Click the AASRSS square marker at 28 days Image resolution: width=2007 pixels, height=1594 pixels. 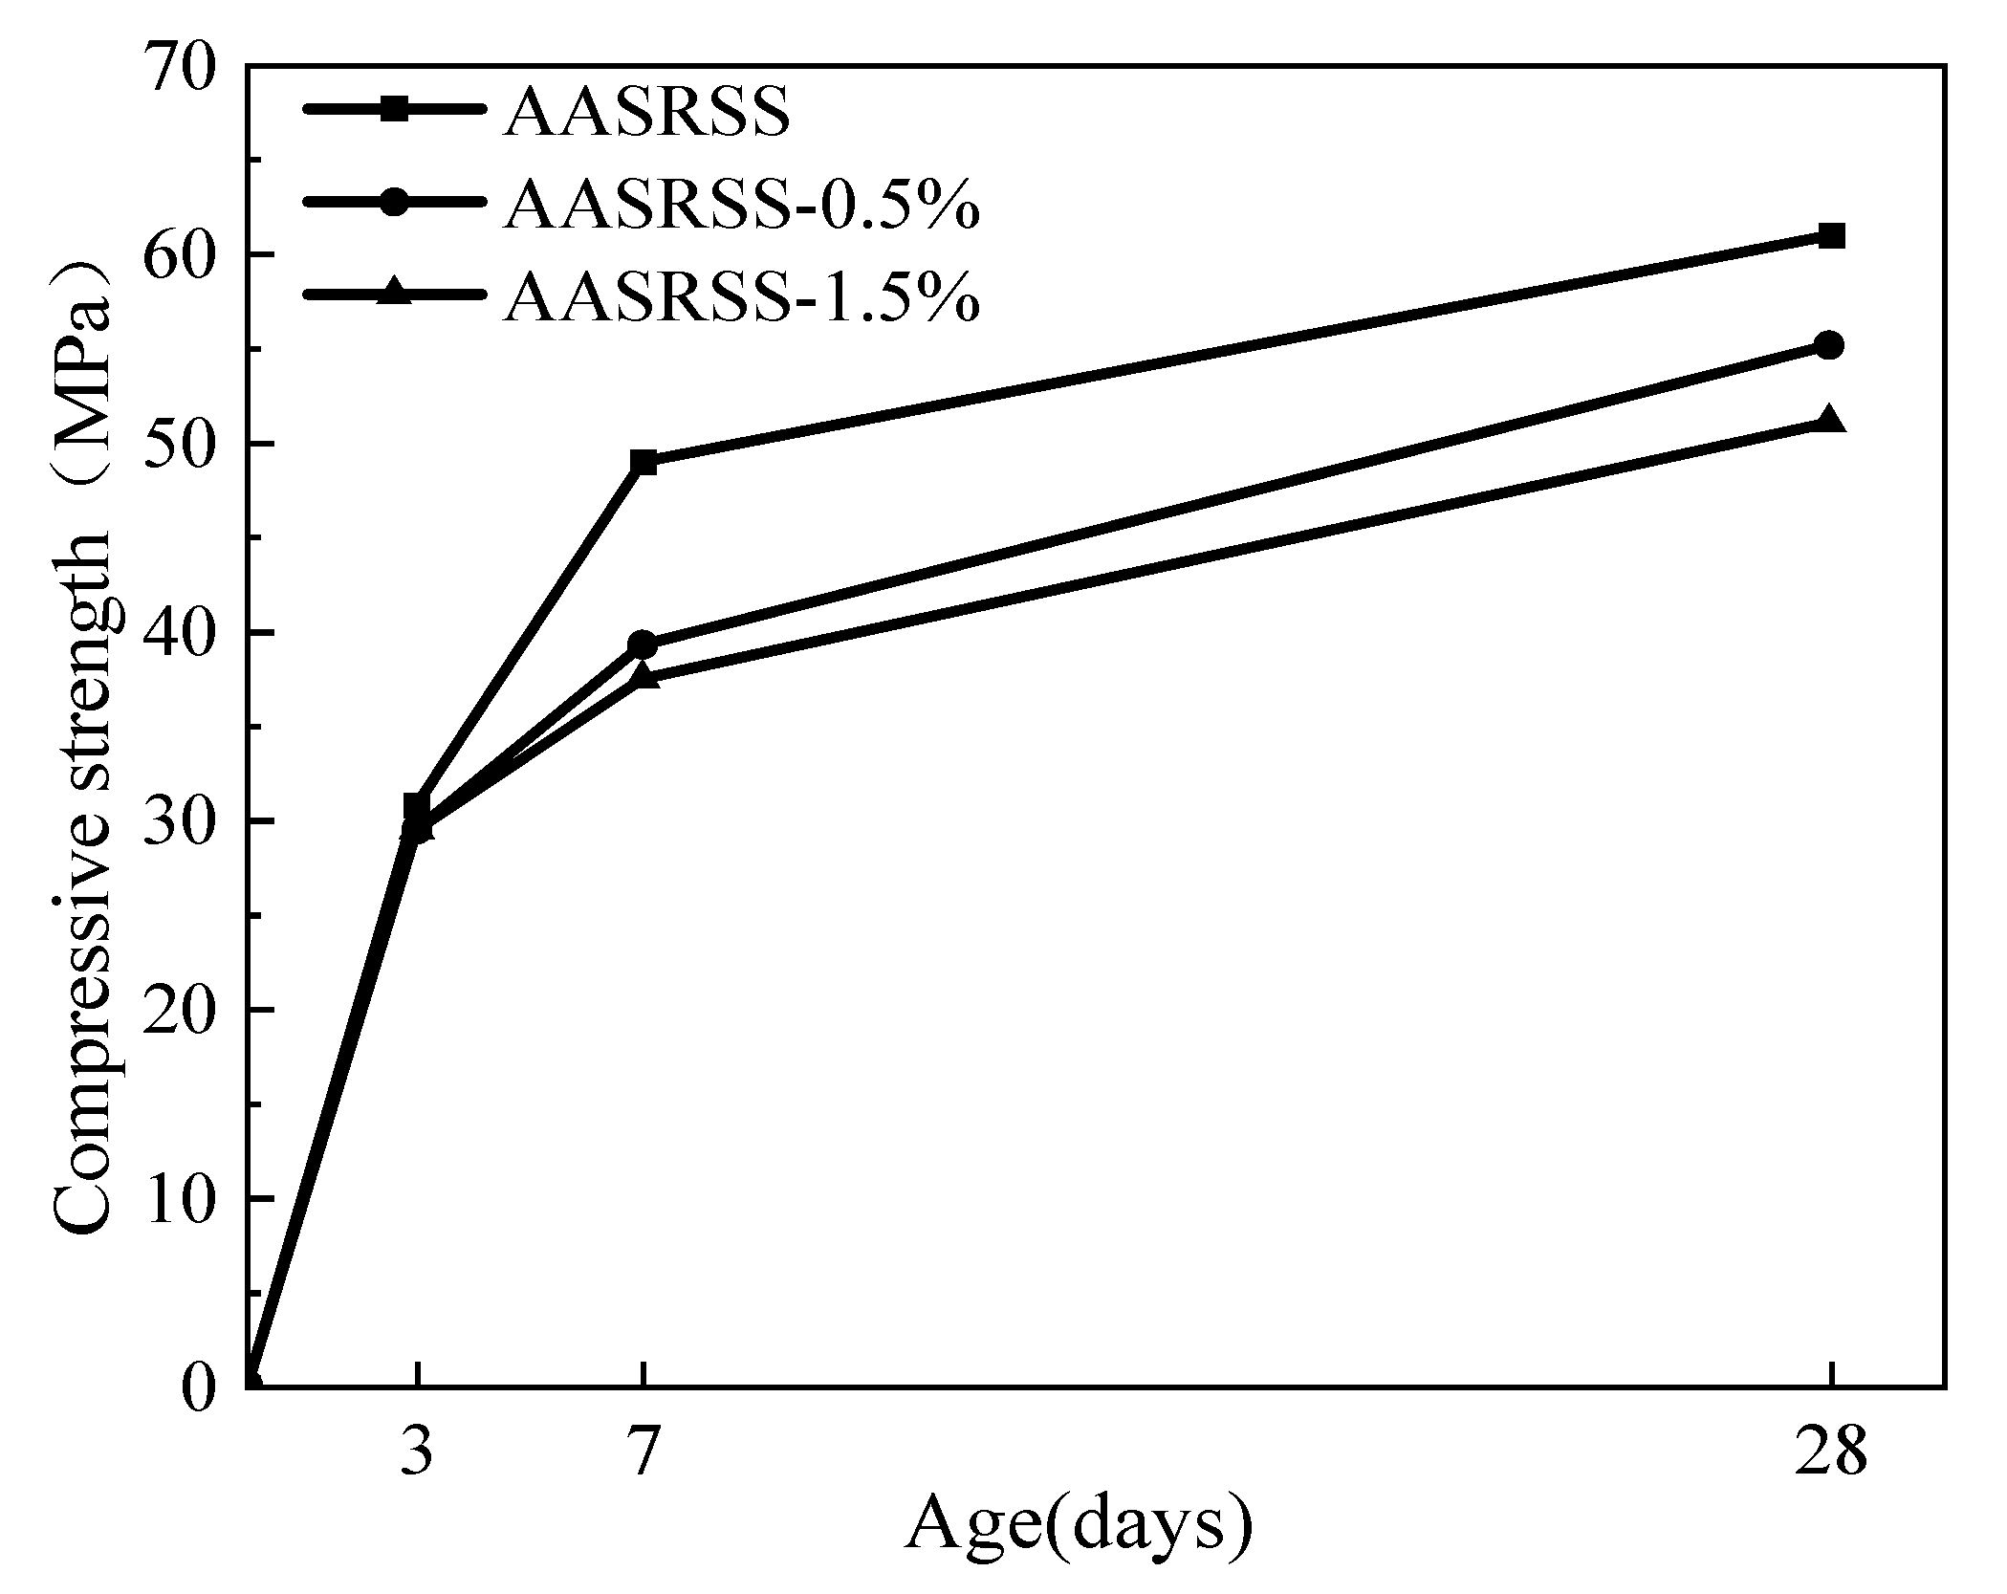coord(1830,236)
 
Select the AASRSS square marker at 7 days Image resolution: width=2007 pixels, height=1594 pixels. coord(644,463)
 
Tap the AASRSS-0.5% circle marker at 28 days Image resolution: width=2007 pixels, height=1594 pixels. coord(1830,345)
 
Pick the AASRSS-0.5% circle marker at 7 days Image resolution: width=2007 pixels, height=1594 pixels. coord(644,644)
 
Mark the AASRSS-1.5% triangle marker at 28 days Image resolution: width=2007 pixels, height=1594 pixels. coord(1830,421)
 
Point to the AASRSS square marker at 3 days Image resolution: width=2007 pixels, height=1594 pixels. coord(417,805)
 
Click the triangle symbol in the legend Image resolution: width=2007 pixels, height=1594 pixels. coord(393,293)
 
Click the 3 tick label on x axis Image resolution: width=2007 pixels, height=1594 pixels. coord(416,1454)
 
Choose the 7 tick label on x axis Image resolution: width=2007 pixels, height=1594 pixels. coord(644,1454)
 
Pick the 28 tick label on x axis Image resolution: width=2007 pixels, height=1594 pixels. coord(1830,1454)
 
